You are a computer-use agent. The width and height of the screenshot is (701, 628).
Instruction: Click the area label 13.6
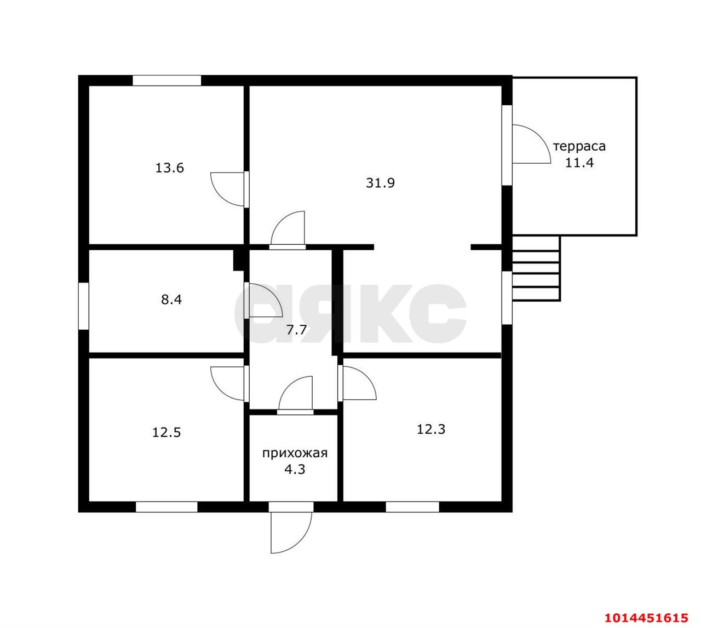(170, 168)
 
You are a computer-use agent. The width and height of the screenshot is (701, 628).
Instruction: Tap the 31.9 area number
(380, 183)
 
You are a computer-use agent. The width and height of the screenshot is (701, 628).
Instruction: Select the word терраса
(579, 147)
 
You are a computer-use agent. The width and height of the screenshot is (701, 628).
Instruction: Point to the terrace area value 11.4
(579, 163)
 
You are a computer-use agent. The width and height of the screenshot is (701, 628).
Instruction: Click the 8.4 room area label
(171, 299)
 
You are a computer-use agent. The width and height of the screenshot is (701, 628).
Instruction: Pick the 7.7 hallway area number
(296, 330)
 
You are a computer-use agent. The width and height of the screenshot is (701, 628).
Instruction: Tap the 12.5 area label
(166, 433)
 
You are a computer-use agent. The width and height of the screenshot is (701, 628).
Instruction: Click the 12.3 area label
(431, 429)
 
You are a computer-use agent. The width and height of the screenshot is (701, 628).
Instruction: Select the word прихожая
(295, 453)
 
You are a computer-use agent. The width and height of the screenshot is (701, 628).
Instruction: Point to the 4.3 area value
(295, 470)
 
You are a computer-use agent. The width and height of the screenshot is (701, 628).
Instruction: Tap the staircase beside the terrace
(536, 269)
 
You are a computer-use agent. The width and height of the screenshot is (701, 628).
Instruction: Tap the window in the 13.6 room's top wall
(167, 80)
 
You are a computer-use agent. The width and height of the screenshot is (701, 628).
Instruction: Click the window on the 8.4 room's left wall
(83, 306)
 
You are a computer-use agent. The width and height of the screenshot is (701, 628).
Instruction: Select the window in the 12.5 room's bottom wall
(166, 507)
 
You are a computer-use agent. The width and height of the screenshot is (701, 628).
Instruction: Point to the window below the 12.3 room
(412, 507)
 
